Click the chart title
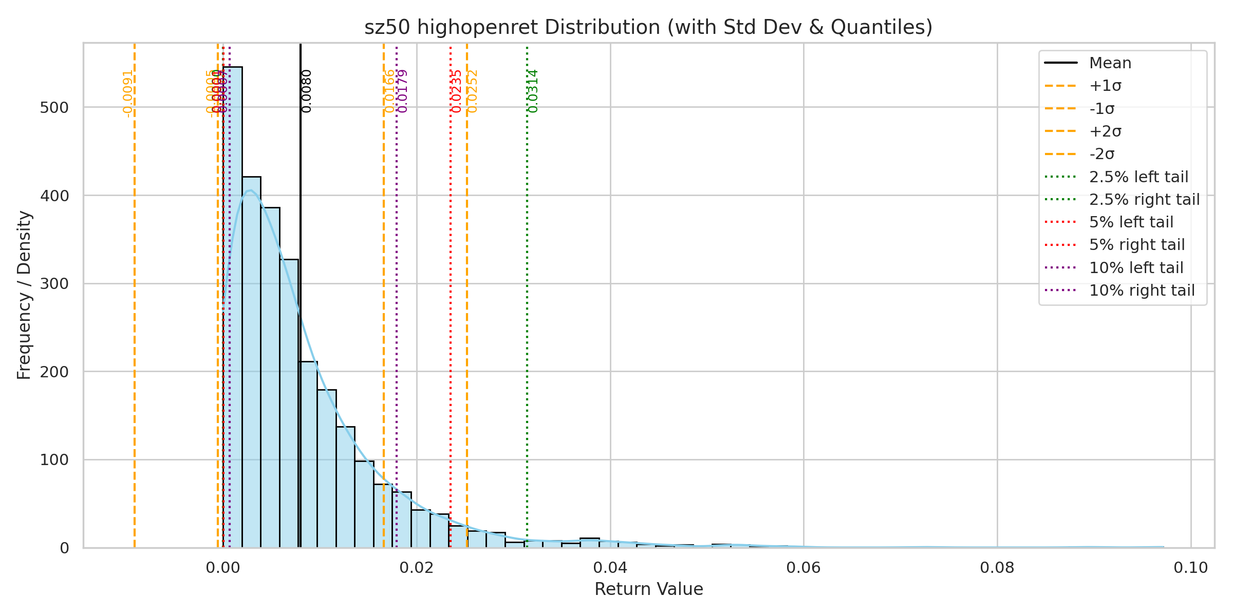click(648, 27)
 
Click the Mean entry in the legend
click(1110, 63)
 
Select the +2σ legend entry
click(1105, 131)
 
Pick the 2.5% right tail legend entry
click(1144, 199)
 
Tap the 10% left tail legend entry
click(1136, 267)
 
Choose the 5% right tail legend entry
click(1137, 245)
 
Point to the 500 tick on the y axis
click(54, 107)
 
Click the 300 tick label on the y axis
click(54, 283)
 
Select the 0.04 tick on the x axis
click(610, 568)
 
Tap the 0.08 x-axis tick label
click(997, 568)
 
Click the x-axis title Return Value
click(648, 589)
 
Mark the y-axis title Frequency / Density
click(24, 295)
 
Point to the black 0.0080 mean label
click(307, 91)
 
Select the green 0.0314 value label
click(533, 91)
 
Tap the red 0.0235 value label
click(457, 91)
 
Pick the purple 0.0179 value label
click(403, 91)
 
